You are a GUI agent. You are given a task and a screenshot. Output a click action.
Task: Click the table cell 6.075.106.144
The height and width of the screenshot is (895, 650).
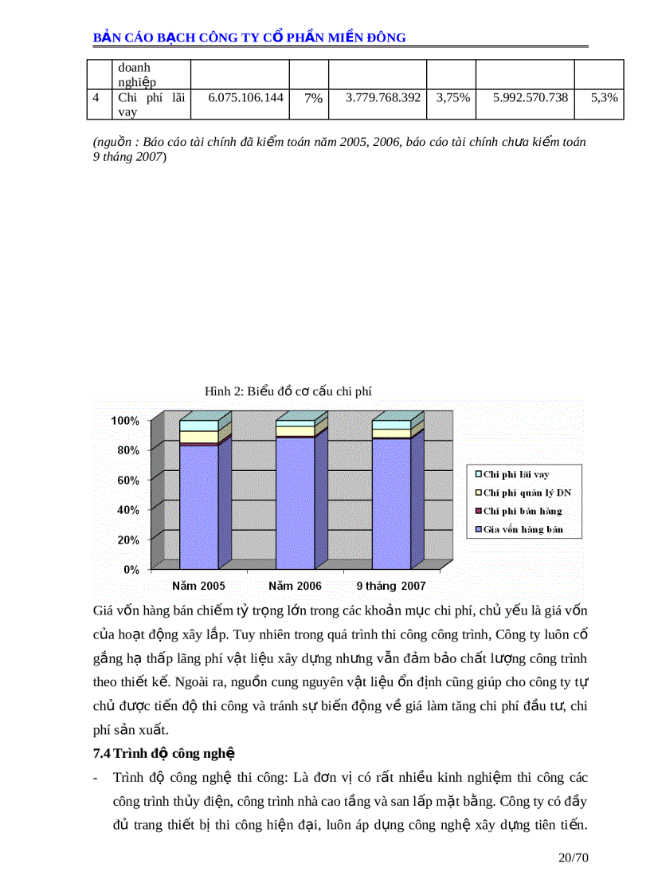[x=245, y=97]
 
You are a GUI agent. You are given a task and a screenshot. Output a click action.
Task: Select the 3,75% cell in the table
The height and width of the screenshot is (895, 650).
[x=452, y=97]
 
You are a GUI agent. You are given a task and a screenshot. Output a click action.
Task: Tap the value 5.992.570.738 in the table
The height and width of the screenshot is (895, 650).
[x=531, y=97]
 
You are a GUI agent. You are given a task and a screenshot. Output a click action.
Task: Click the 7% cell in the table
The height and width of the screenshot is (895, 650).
[x=313, y=97]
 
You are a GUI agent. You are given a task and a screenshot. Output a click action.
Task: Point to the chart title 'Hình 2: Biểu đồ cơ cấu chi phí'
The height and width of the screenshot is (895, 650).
[x=288, y=391]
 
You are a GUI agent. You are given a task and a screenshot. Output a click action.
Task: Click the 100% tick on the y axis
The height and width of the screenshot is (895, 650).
[x=125, y=421]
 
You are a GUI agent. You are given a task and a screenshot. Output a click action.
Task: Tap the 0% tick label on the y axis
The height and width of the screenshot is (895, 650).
[x=131, y=570]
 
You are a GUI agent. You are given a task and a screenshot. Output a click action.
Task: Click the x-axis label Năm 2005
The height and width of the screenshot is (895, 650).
[x=198, y=586]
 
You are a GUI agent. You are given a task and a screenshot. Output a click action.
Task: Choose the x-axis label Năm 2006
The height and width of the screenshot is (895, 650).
[x=295, y=586]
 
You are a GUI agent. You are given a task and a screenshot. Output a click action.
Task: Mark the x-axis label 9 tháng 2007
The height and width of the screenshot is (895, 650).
[x=391, y=586]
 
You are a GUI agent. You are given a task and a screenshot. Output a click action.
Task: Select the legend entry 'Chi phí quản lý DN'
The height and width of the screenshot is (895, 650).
[x=527, y=493]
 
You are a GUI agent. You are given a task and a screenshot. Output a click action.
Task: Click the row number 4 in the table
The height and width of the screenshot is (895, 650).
[x=96, y=97]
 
